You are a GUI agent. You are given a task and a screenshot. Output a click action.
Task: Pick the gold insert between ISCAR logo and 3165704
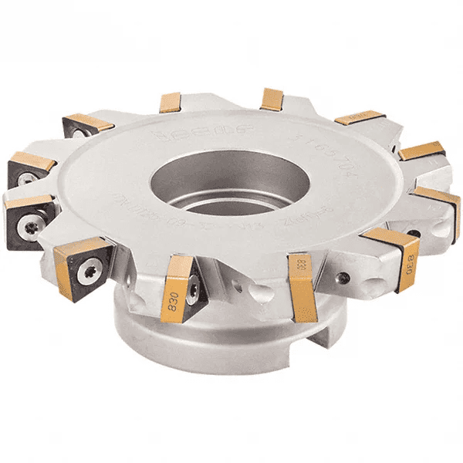272,99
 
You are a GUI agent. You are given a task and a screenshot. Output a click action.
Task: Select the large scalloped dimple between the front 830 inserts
255,293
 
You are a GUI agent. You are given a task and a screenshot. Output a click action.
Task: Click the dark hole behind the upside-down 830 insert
414,232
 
